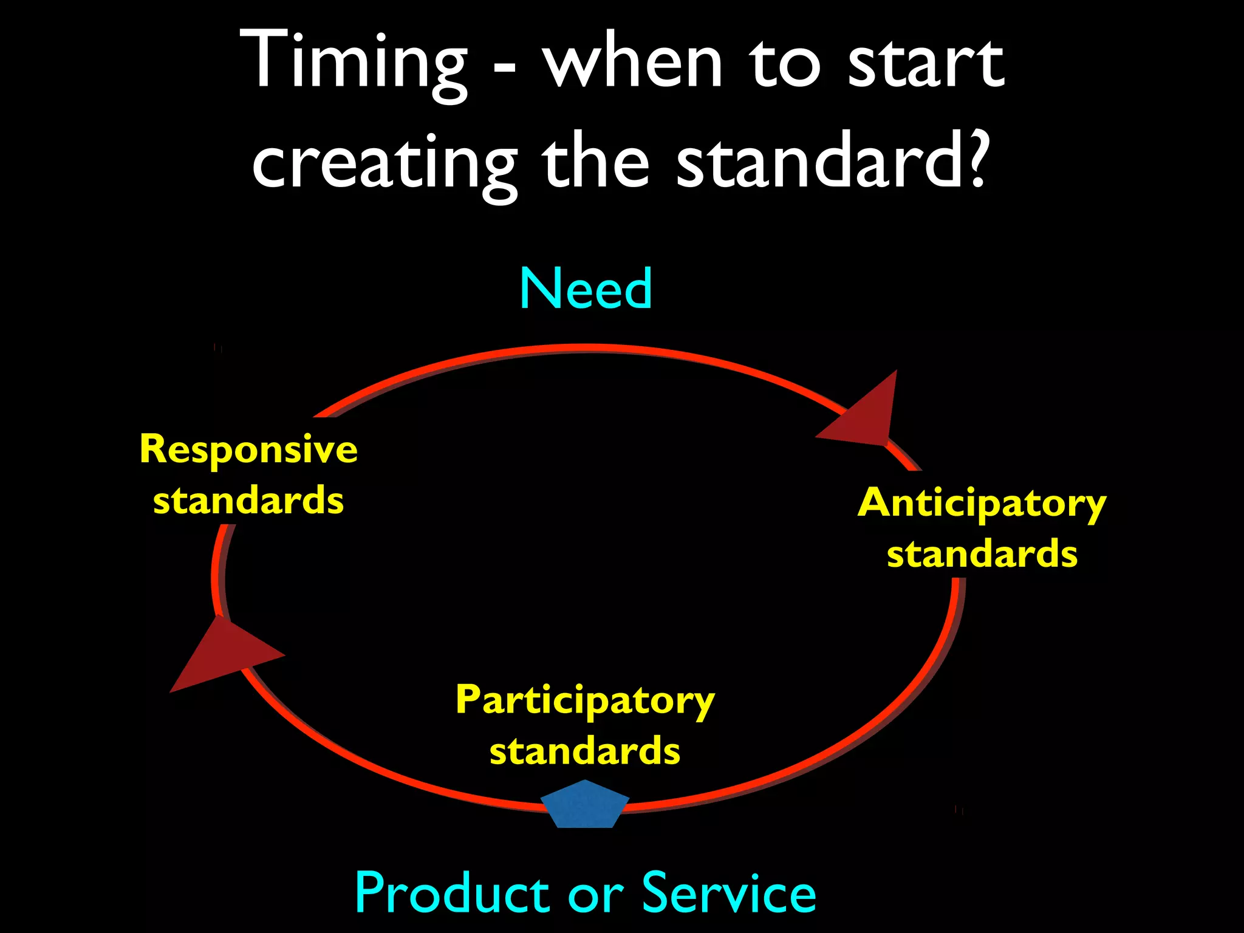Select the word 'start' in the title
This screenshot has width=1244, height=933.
[926, 64]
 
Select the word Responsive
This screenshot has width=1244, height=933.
[248, 450]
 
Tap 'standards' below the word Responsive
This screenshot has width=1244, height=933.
[248, 501]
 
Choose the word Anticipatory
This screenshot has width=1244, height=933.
[982, 504]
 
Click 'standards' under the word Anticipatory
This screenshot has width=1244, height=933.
[982, 554]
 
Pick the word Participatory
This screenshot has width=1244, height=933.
[585, 701]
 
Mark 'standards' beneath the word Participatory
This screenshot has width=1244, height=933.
[585, 751]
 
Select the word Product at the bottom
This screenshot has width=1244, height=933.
[453, 893]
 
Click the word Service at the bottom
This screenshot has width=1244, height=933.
[728, 893]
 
